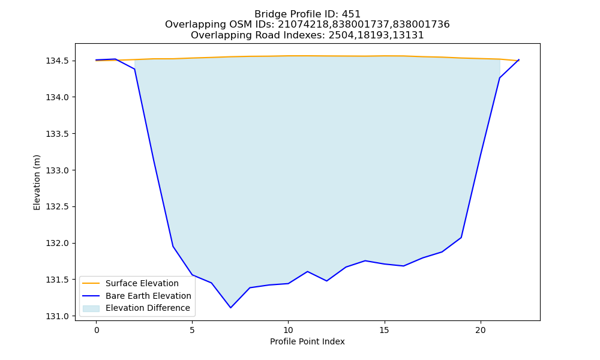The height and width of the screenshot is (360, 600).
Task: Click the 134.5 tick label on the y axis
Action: click(x=58, y=61)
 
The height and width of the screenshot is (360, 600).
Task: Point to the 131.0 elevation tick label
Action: click(x=58, y=316)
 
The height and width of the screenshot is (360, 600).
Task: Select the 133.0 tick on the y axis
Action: click(x=58, y=170)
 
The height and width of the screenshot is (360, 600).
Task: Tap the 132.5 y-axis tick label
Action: click(x=58, y=207)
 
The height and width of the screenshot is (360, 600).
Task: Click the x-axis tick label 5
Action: click(x=192, y=330)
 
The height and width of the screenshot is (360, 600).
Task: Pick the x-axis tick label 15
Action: click(x=384, y=330)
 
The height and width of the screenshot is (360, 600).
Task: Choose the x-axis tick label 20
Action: click(x=480, y=330)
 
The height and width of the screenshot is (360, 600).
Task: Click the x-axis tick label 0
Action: click(x=96, y=330)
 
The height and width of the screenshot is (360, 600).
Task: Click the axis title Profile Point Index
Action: click(x=307, y=341)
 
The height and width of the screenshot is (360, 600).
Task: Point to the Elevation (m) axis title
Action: click(x=37, y=182)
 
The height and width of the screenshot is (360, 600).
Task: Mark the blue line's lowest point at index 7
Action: click(x=230, y=308)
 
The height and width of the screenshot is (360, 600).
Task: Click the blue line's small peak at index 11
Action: click(x=307, y=272)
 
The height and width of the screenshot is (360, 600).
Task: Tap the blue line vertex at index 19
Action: click(x=461, y=238)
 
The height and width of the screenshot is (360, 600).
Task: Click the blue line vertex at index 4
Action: click(x=173, y=247)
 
